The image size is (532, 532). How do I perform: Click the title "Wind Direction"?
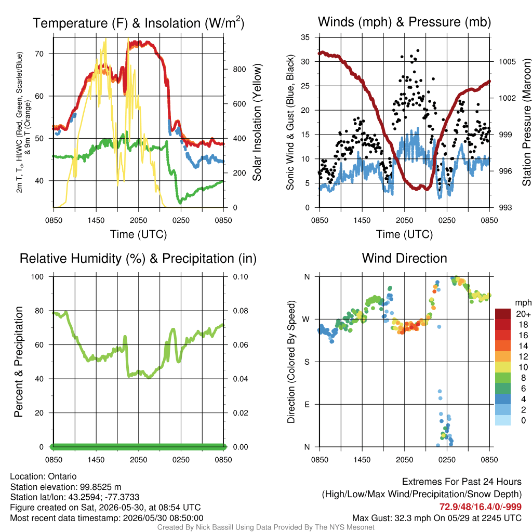click(x=404, y=258)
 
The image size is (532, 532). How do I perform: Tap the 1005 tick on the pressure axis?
click(x=507, y=62)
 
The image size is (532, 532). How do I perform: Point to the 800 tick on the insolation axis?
click(x=239, y=69)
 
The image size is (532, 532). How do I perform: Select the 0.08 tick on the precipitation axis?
click(x=241, y=311)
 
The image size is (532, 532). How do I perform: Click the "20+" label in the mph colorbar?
click(x=523, y=314)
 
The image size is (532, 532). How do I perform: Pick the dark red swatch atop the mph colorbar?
click(x=503, y=314)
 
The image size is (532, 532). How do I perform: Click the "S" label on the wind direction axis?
click(x=307, y=362)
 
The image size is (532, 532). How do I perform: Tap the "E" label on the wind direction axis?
click(x=307, y=404)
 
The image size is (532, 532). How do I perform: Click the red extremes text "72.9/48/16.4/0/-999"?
click(x=481, y=507)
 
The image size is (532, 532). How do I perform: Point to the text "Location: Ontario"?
click(x=44, y=476)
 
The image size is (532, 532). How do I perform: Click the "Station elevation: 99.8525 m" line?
click(x=65, y=487)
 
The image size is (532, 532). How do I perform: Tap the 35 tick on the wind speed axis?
click(x=305, y=37)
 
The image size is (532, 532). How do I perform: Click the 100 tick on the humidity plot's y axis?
click(x=37, y=277)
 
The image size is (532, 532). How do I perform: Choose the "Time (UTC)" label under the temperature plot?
click(x=138, y=234)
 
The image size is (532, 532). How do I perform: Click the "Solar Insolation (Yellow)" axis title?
click(x=257, y=122)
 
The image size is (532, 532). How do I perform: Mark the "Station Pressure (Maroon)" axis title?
click(x=526, y=122)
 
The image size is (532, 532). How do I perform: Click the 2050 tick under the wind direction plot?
click(x=404, y=460)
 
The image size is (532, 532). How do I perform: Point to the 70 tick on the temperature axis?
click(x=39, y=54)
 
